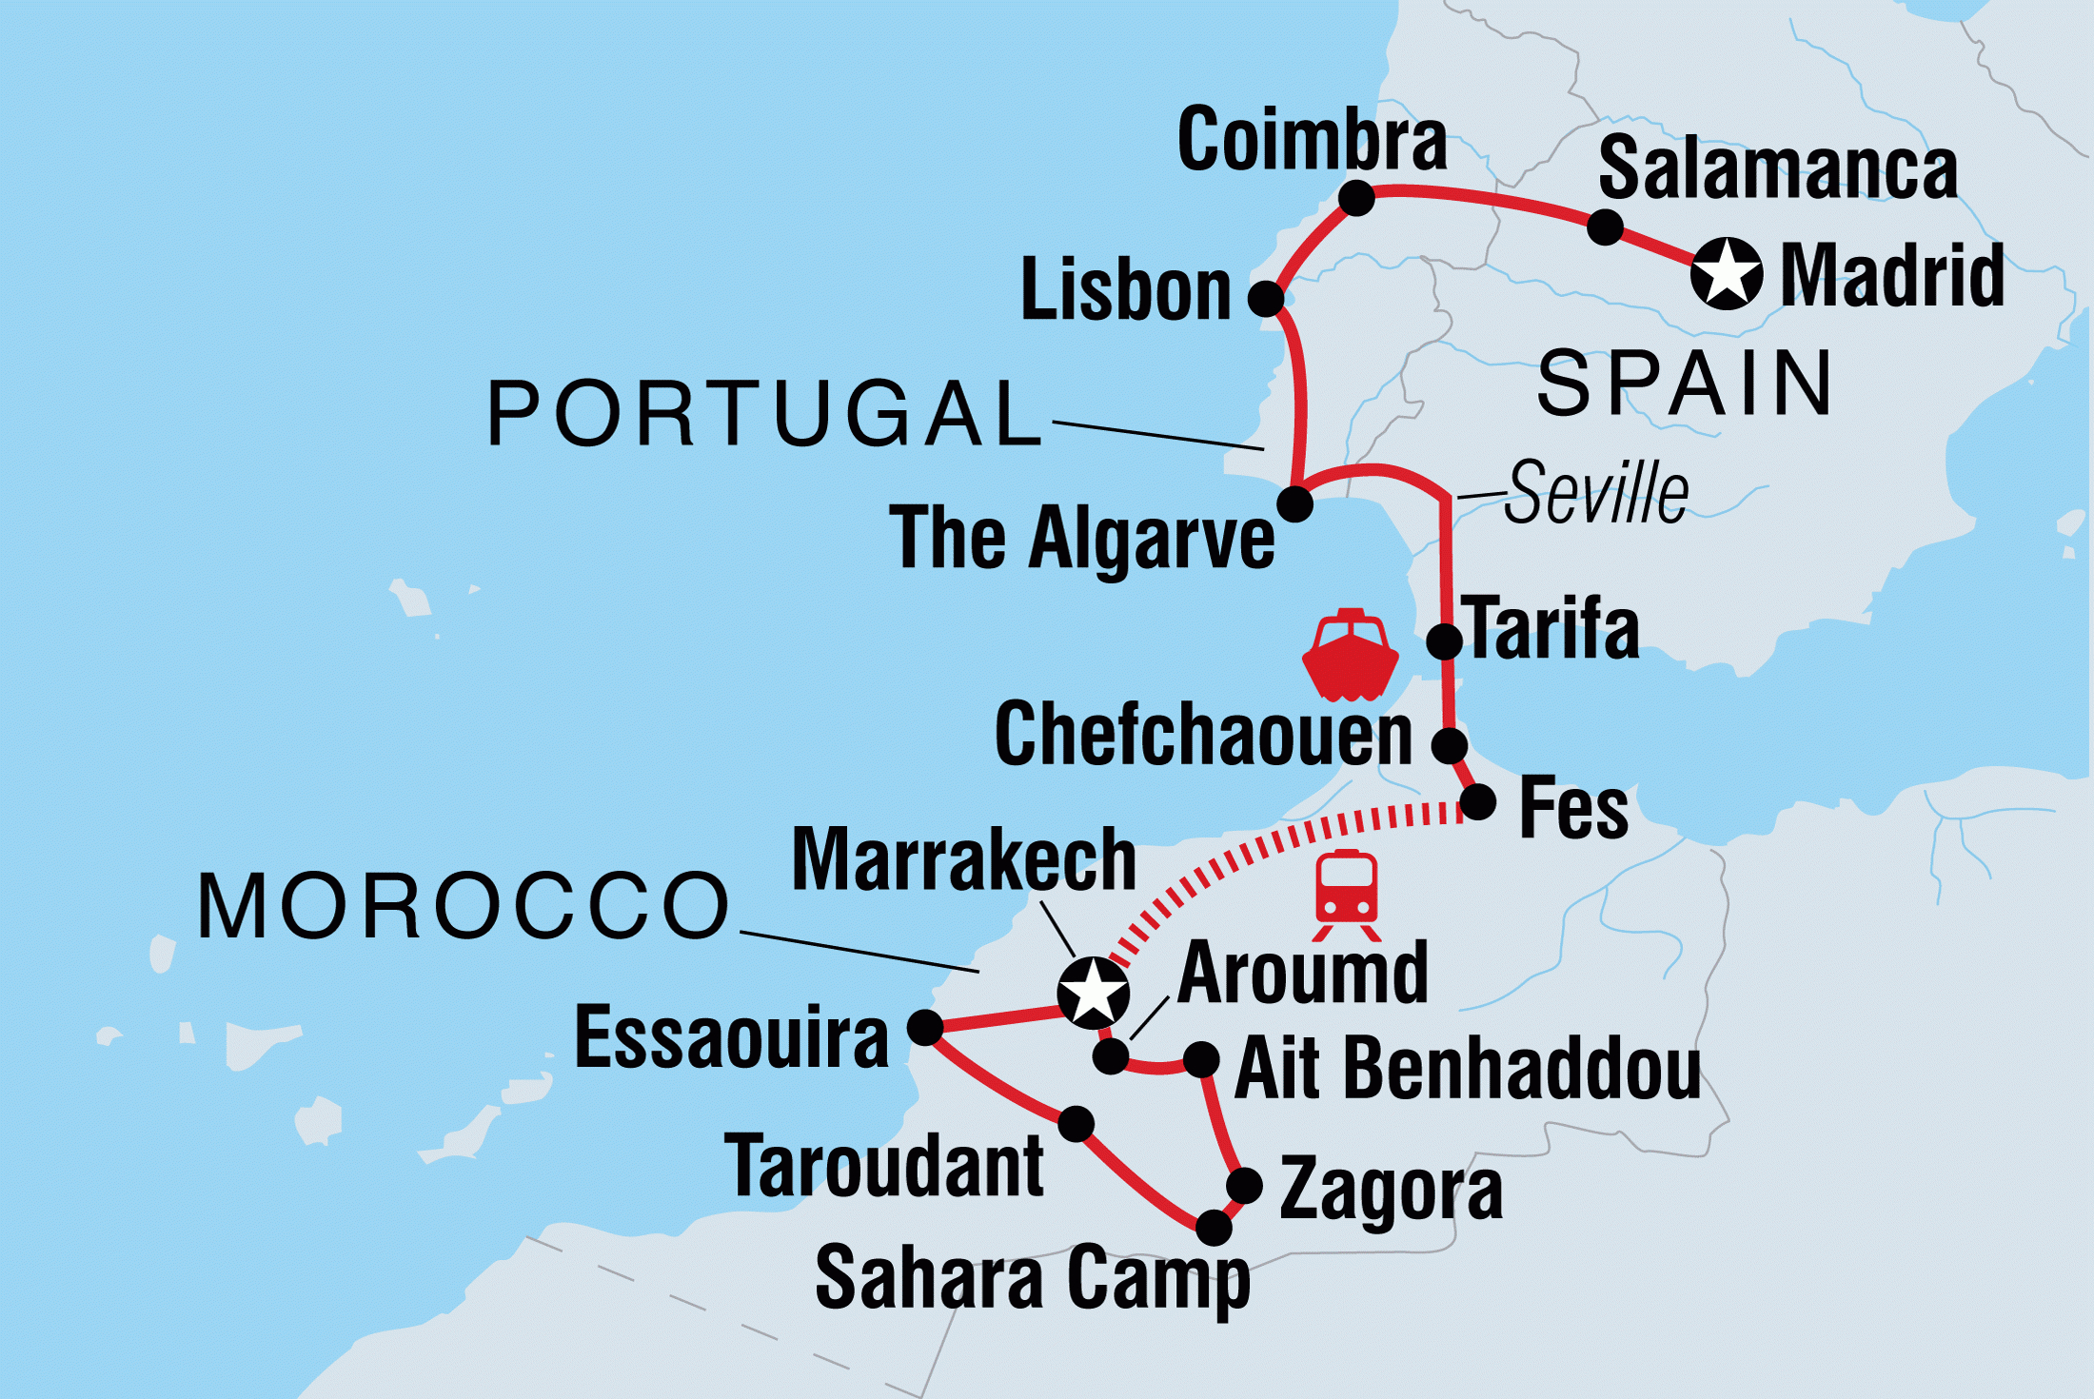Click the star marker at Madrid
point(1726,274)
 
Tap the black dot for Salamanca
point(1605,227)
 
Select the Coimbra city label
point(1312,140)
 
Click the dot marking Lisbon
point(1265,299)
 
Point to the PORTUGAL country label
point(765,414)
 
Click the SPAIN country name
point(1685,384)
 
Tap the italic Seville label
point(1596,493)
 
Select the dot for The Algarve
point(1294,503)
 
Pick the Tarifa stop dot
point(1444,641)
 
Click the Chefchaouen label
point(1203,735)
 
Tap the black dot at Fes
point(1477,802)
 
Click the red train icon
point(1346,895)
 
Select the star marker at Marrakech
point(1093,993)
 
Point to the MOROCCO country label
point(464,906)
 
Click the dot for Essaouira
point(924,1027)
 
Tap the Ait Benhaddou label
point(1467,1069)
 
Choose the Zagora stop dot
point(1244,1186)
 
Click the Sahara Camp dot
point(1214,1228)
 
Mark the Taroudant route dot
point(1076,1124)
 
